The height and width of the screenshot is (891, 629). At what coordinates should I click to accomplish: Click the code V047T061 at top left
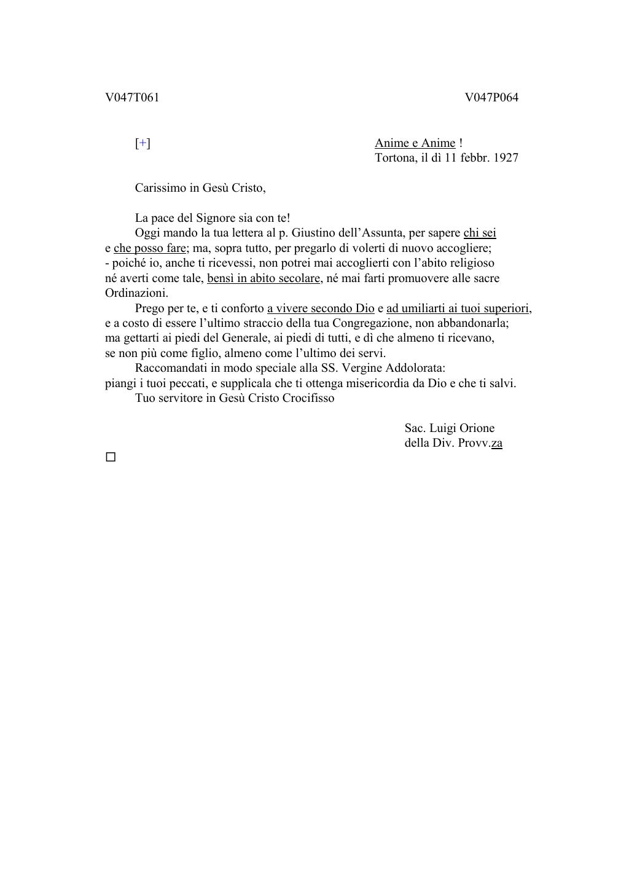coord(132,98)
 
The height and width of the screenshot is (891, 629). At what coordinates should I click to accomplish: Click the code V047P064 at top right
coord(491,98)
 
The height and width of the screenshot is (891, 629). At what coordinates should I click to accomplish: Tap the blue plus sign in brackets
coord(143,143)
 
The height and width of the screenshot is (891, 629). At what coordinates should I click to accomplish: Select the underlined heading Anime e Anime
coord(415,143)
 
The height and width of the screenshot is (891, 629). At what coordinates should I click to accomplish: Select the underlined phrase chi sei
coord(480,233)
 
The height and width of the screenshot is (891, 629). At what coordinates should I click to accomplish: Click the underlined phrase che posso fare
coord(150,248)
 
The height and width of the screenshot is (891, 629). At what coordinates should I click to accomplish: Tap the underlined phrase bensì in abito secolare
coord(264,278)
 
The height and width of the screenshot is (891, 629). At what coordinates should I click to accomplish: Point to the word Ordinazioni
coord(136,293)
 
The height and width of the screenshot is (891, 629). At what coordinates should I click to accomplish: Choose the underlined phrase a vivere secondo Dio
coord(321,308)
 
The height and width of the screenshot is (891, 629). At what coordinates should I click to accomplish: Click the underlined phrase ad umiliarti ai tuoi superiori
coord(458,308)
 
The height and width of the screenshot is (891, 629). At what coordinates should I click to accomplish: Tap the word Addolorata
coord(415,368)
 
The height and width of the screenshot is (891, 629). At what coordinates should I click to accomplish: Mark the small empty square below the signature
coord(111,457)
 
